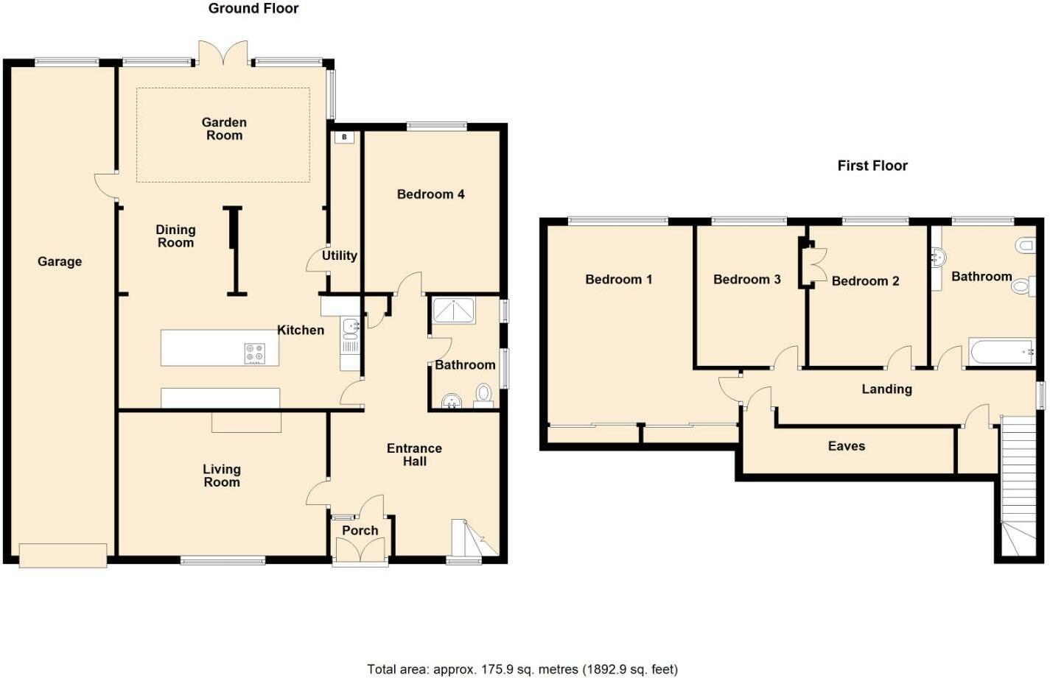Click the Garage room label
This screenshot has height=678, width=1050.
click(x=60, y=261)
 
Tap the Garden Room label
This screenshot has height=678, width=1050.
click(x=224, y=129)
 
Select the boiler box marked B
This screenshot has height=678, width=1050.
click(x=344, y=137)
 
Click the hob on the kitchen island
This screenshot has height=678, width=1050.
click(x=254, y=353)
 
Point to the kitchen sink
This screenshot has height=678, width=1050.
click(x=351, y=325)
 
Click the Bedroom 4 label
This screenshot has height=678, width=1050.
click(x=430, y=194)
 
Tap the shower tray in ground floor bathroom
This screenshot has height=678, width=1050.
click(x=454, y=310)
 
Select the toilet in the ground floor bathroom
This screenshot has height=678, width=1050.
click(x=484, y=393)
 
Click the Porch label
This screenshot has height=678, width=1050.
click(x=360, y=530)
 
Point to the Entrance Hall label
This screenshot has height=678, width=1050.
click(x=414, y=455)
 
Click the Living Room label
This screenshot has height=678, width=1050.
click(x=222, y=476)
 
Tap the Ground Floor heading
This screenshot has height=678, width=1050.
click(x=253, y=9)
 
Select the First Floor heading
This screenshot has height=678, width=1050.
click(x=872, y=166)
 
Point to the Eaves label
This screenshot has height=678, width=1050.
click(x=847, y=446)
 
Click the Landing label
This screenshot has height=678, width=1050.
click(x=886, y=389)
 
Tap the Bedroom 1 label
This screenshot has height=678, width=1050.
click(x=618, y=280)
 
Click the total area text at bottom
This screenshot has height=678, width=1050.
click(x=522, y=669)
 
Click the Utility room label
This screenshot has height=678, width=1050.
click(x=339, y=255)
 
